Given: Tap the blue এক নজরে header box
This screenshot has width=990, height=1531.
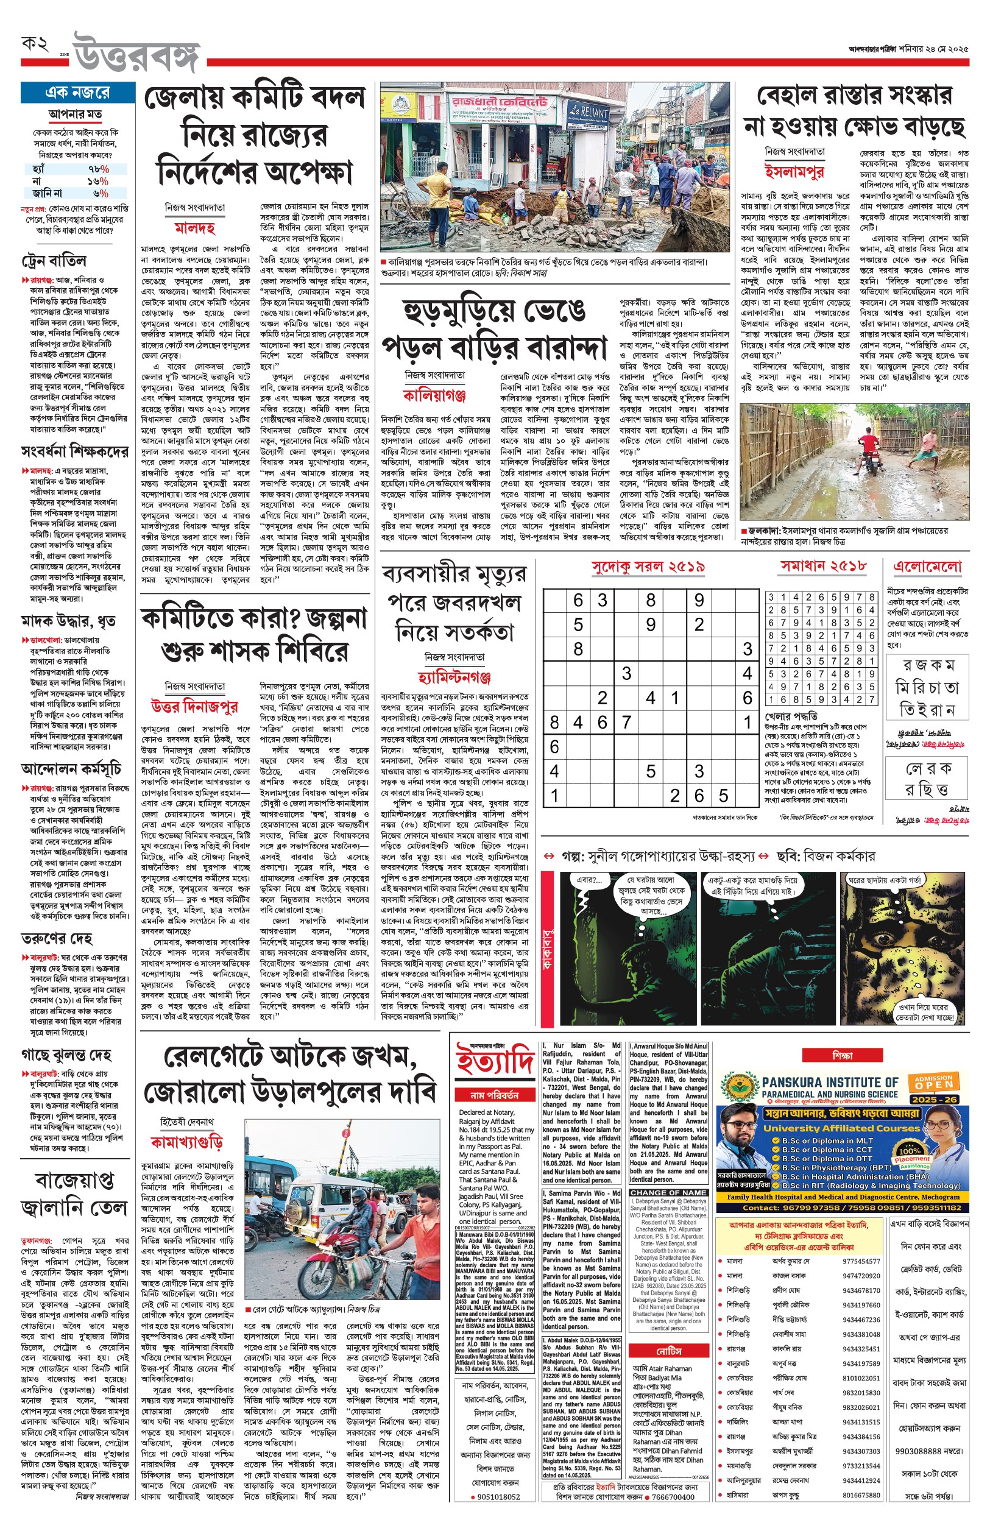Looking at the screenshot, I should pyautogui.click(x=77, y=92).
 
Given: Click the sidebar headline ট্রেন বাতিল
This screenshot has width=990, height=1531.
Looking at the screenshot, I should pyautogui.click(x=54, y=260).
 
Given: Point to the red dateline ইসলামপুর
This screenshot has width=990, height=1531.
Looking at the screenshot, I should pyautogui.click(x=794, y=171).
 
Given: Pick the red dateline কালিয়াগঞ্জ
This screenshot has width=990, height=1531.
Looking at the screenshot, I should pyautogui.click(x=434, y=394).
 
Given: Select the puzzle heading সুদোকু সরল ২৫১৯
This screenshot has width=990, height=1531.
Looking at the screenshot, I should pyautogui.click(x=648, y=566).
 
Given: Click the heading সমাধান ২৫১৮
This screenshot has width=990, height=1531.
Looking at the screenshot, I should pyautogui.click(x=823, y=565).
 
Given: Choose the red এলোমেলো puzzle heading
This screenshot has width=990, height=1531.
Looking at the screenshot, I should pyautogui.click(x=927, y=566).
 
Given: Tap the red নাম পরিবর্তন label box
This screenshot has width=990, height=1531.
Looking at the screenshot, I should pyautogui.click(x=494, y=1095).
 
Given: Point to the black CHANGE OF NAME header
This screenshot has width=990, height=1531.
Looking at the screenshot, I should pyautogui.click(x=668, y=1192).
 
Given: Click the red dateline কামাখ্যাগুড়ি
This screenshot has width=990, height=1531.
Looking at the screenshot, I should pyautogui.click(x=186, y=1142).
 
